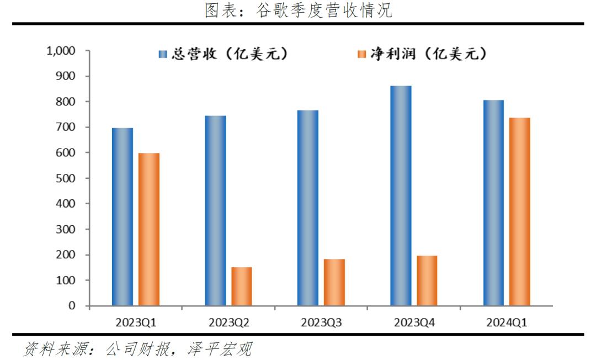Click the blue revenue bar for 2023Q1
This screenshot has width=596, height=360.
(122, 216)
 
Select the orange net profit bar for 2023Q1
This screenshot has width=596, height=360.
(148, 229)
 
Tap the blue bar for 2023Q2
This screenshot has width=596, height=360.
(215, 210)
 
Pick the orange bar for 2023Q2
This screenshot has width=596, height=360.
(242, 286)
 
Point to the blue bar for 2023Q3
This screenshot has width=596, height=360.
(307, 208)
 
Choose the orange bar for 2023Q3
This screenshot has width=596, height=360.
(334, 282)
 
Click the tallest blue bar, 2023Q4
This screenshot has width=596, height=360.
(401, 195)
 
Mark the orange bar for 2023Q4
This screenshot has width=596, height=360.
(427, 280)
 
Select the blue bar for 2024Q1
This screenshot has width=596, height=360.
(493, 203)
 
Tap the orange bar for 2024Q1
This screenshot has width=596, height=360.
(520, 211)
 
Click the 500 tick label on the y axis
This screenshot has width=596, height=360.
(67, 178)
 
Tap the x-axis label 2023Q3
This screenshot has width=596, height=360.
(321, 322)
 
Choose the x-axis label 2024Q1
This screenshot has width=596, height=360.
(507, 322)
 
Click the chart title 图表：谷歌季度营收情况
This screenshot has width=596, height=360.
(298, 10)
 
